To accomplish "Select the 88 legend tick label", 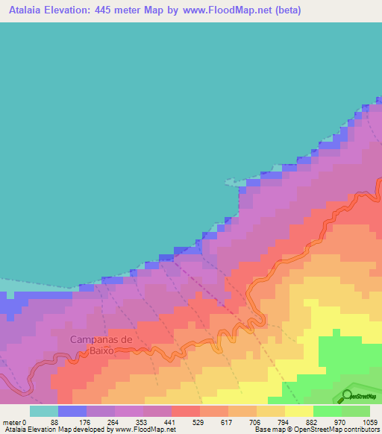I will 72,422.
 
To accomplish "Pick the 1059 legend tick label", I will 371,422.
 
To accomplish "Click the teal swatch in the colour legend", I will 44,411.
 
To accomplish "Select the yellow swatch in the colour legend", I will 299,411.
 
